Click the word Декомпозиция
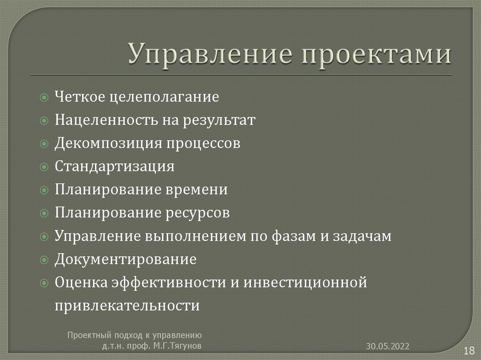click(107, 143)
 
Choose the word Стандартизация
click(114, 166)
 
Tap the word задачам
click(362, 236)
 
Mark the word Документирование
click(125, 259)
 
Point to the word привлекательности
click(127, 306)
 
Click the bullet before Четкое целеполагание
click(44, 98)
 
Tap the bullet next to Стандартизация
click(44, 167)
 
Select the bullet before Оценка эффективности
click(44, 283)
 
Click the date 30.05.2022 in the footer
click(388, 346)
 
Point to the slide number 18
click(468, 350)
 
